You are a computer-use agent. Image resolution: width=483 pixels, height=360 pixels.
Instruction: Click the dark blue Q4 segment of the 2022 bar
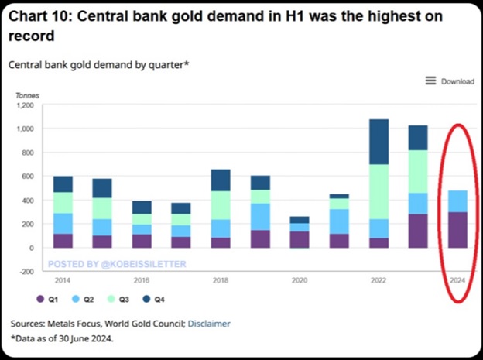tap(379, 142)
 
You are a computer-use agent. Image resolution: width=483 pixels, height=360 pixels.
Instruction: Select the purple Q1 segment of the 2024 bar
tap(457, 230)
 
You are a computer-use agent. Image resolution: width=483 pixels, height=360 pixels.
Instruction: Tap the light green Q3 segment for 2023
tap(418, 172)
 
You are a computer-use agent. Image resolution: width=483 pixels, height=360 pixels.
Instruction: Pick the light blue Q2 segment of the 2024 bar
tap(457, 201)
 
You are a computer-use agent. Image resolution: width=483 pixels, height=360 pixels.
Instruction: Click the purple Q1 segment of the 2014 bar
tap(63, 241)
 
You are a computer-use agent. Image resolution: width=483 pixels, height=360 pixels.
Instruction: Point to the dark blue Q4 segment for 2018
tap(221, 180)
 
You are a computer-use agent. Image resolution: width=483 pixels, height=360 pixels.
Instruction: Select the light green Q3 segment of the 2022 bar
tap(379, 192)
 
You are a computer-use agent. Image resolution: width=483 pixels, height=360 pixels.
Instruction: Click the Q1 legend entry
tap(47, 299)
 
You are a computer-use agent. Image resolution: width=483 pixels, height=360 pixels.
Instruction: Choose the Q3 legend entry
tap(118, 299)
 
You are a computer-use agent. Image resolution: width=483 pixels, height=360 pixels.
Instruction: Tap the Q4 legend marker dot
tap(146, 299)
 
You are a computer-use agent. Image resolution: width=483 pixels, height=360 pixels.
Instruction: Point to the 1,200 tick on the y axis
tap(26, 105)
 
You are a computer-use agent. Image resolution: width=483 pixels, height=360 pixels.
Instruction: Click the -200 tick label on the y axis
tap(27, 271)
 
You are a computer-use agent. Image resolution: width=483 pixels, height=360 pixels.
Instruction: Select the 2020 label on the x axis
tap(300, 280)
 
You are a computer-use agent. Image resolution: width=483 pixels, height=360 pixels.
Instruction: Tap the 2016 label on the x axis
tap(142, 280)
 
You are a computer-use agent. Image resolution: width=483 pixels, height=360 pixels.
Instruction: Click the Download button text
tap(457, 81)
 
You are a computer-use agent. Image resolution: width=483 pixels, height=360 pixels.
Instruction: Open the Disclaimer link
tap(209, 324)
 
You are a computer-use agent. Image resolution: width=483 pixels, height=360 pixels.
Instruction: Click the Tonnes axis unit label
tap(27, 95)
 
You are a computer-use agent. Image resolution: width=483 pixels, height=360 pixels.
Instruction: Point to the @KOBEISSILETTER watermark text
tap(143, 264)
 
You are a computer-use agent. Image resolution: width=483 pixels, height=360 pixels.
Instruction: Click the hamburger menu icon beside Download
tap(430, 81)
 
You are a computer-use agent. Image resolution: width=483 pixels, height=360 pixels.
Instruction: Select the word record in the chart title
tap(32, 36)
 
